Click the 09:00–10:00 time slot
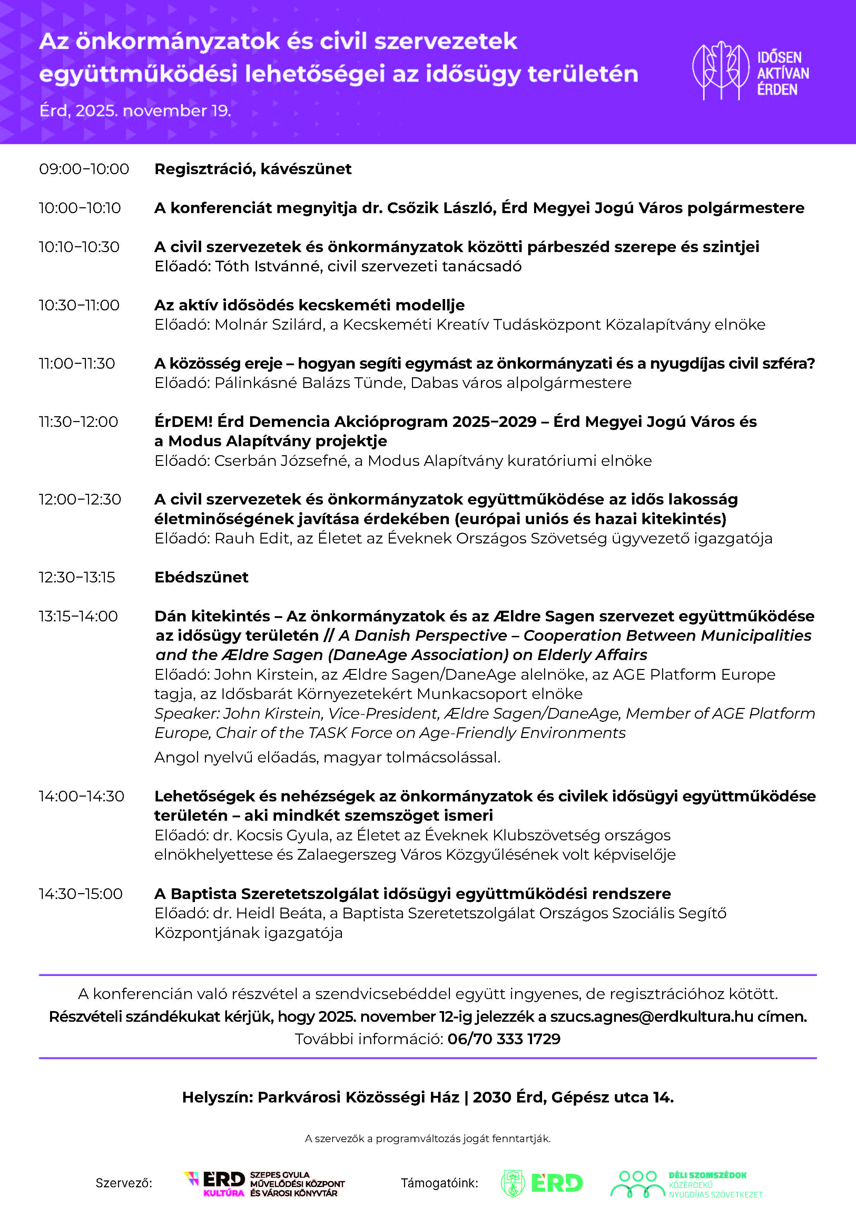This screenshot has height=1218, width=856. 84,169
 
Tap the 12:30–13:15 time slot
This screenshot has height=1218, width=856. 77,577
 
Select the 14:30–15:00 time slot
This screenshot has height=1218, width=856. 81,894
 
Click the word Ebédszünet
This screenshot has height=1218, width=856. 201,577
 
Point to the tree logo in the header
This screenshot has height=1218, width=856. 721,71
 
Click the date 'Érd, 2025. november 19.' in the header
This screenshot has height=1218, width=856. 135,111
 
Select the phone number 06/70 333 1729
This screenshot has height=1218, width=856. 504,1039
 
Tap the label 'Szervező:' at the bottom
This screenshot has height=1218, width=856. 124,1183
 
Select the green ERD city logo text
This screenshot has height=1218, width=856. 557,1183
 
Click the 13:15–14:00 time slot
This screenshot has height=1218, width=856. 78,617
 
